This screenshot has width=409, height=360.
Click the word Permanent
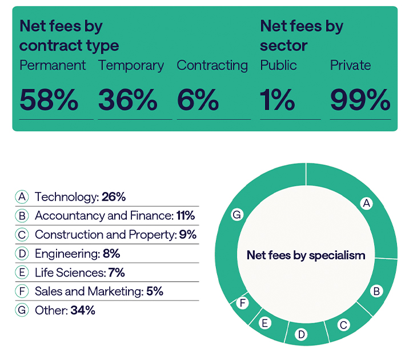(x=53, y=65)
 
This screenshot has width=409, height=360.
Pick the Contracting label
(x=212, y=65)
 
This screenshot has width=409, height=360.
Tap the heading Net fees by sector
(x=302, y=35)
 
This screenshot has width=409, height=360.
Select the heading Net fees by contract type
(x=69, y=35)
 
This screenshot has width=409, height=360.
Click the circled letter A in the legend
(x=22, y=197)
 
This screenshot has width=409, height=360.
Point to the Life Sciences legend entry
(x=71, y=273)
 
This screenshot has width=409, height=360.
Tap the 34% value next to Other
(x=83, y=310)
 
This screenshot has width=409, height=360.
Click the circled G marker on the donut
(x=236, y=215)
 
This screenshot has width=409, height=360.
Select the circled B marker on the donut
(x=376, y=291)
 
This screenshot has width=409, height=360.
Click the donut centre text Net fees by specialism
(x=306, y=255)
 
